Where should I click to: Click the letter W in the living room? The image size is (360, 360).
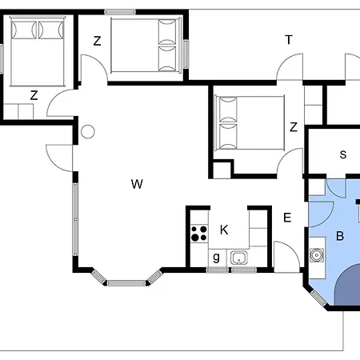point(137,184)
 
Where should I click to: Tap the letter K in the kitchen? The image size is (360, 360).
point(224,230)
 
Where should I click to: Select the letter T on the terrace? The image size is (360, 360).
point(289,40)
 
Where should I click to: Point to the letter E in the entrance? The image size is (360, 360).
point(287,218)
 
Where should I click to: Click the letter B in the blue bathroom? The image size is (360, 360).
point(340,236)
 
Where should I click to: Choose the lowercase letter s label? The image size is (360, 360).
point(343,154)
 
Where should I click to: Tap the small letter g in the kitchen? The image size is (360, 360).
point(217,258)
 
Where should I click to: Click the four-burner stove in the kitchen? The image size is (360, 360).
point(199,234)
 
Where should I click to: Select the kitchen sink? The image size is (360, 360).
point(239,258)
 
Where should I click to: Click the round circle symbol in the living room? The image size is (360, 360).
point(88,132)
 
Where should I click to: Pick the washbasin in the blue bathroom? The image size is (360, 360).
point(317,255)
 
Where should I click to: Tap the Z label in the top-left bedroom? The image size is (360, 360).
point(34,95)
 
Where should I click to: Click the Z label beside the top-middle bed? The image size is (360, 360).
point(98,41)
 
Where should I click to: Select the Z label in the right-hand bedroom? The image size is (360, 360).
point(294,127)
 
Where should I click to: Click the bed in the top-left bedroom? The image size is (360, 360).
point(38,51)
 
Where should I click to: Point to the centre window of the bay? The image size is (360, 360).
point(126,282)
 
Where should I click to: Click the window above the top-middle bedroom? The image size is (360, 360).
point(120,12)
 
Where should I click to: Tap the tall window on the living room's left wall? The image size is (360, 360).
point(75,219)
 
